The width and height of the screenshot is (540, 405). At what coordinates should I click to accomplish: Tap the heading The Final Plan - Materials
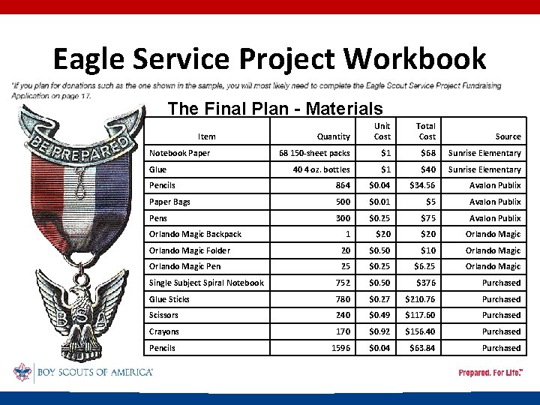pos(275,109)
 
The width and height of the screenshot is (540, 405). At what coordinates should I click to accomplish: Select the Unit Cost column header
pos(382,131)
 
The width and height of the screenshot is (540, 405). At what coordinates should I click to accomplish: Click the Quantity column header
pos(333,136)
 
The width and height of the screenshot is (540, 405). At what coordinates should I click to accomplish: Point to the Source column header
pos(508,136)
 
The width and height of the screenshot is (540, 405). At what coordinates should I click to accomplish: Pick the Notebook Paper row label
pos(179,153)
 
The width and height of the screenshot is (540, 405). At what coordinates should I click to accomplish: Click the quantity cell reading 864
pos(340,185)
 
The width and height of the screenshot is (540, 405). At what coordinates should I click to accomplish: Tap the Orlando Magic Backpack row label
pos(195,234)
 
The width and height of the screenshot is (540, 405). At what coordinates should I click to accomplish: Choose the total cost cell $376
pos(425,283)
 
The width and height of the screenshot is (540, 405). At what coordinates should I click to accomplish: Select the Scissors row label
pos(163,315)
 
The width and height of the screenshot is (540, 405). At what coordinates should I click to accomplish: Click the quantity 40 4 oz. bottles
pos(321,169)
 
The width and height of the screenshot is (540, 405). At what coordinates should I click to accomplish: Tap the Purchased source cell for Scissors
pos(501,315)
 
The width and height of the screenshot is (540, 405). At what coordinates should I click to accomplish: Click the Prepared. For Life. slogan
pos(490,373)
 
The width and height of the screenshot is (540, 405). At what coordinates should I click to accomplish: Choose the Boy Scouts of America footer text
pos(94,372)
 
